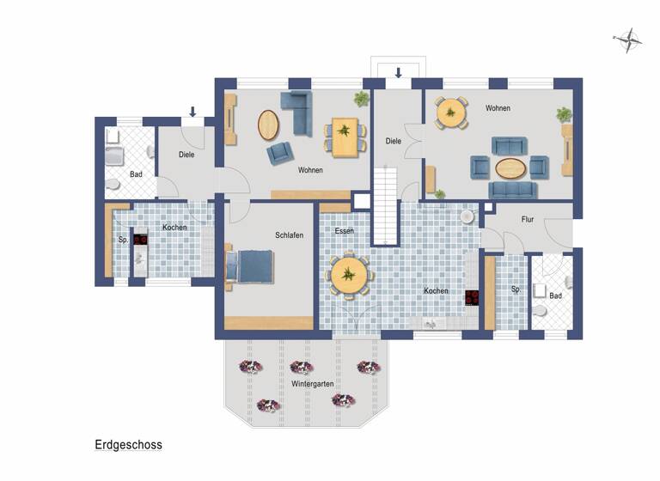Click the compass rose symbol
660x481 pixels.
click(628, 37)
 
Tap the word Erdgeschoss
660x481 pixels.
click(128, 445)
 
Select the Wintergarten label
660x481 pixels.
click(312, 383)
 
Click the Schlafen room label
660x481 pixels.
click(289, 235)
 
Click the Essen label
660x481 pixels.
click(344, 231)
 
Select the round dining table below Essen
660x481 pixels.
click(349, 275)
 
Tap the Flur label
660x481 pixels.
click(528, 220)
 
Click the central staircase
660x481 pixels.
click(386, 205)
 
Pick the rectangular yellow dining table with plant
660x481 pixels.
click(345, 137)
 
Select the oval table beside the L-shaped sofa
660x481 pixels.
click(269, 125)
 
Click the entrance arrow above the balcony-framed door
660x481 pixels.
click(398, 73)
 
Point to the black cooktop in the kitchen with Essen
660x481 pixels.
click(472, 298)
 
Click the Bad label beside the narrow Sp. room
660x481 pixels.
click(555, 295)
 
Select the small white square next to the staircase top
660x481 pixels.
click(361, 202)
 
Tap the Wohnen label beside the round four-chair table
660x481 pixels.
click(498, 108)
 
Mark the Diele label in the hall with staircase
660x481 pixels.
click(394, 141)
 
